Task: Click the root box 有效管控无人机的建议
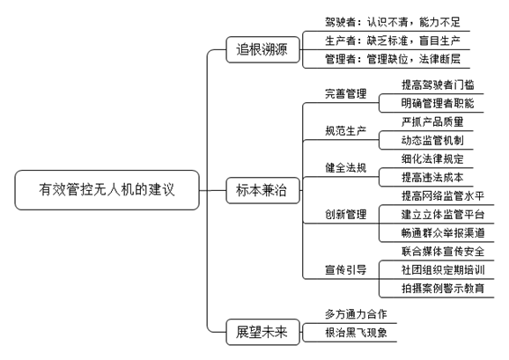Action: point(107,190)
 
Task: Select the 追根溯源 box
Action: point(262,49)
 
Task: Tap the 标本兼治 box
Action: point(262,190)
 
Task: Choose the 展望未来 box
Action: point(262,332)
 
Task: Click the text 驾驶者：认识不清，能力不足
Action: point(393,22)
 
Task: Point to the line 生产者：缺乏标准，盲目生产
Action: point(393,40)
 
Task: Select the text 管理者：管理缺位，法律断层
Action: point(393,59)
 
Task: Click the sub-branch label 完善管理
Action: point(346,93)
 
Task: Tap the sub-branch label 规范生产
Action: point(346,130)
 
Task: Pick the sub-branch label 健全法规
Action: point(346,167)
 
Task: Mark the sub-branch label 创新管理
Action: point(346,214)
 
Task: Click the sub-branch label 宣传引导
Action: point(346,269)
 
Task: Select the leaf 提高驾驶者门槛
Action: point(438,84)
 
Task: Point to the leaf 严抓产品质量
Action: point(432,121)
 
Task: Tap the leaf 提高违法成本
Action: point(432,177)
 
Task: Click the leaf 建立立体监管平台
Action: point(443,214)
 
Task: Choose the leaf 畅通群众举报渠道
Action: point(443,232)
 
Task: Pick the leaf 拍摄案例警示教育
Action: point(443,288)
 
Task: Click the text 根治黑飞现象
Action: point(356,333)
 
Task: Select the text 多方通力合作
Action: point(356,314)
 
